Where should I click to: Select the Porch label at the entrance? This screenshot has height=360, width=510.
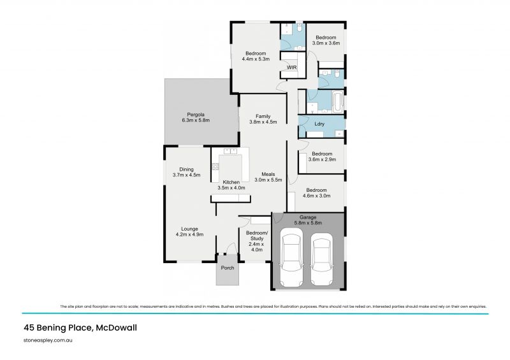tap(228, 268)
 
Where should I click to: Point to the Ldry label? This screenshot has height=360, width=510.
tap(321, 124)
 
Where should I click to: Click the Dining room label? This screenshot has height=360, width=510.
tap(186, 169)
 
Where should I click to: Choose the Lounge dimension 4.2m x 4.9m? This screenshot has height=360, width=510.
tap(189, 234)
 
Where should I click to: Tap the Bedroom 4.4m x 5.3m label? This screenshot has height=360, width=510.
tap(255, 55)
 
